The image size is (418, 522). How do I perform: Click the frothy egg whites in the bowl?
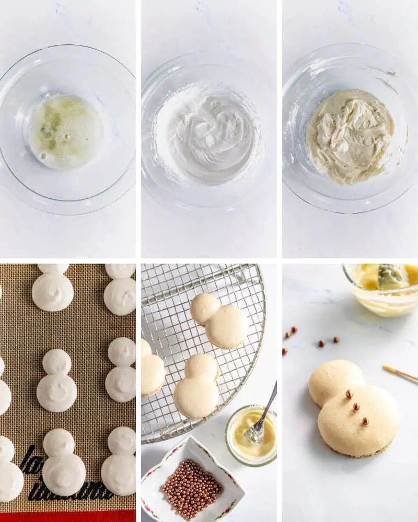(65, 131)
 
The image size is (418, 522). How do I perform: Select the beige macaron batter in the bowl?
(350, 136)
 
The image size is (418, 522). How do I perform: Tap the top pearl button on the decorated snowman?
(349, 394)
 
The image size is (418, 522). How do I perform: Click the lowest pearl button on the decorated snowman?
(365, 421)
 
